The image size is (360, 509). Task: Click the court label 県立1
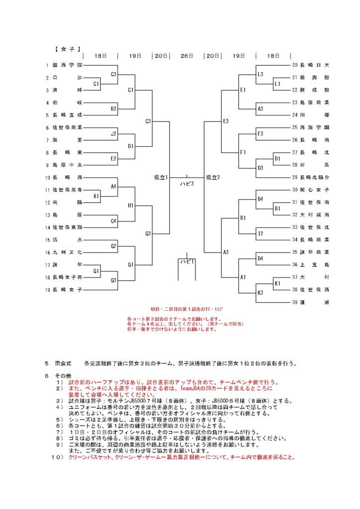pos(161,177)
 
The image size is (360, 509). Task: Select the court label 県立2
pos(213,177)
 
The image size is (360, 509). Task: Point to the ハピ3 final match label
pos(187,184)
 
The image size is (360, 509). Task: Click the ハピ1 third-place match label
pos(187,261)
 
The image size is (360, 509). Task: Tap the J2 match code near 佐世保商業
pos(113,133)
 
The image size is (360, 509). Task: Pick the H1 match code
pos(131,205)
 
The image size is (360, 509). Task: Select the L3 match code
pos(260,74)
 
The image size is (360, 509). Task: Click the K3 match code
pos(260,292)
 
